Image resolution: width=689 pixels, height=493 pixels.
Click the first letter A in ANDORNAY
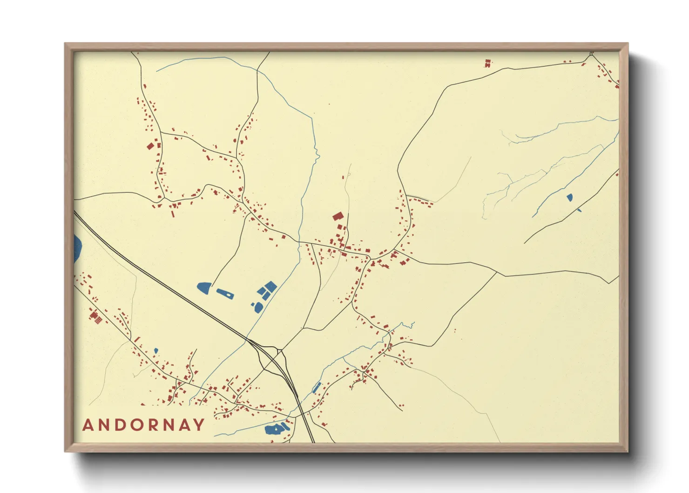point(88,425)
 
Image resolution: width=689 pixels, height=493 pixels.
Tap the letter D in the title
point(122,425)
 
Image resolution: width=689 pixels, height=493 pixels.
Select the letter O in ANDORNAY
point(139,425)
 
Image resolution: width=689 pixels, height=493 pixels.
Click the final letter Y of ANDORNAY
point(199,425)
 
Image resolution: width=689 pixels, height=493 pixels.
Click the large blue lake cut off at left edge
point(77,248)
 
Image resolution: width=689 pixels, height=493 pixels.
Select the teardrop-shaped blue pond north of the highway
point(204,288)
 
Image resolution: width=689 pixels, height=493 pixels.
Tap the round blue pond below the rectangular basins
point(258,307)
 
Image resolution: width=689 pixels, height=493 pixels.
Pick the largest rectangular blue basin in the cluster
point(270,286)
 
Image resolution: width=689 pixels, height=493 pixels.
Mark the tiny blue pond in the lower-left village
point(156,350)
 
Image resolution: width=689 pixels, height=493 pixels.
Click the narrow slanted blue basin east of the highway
point(317,387)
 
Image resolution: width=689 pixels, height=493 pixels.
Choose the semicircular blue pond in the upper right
point(569,198)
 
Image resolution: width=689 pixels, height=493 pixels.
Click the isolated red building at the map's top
point(487,63)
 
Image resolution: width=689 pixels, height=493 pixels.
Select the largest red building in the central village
point(338,216)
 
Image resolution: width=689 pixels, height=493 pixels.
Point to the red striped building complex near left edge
point(95,318)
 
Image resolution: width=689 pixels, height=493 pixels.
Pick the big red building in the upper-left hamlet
point(150,146)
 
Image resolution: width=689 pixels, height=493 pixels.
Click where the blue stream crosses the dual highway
point(246,340)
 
